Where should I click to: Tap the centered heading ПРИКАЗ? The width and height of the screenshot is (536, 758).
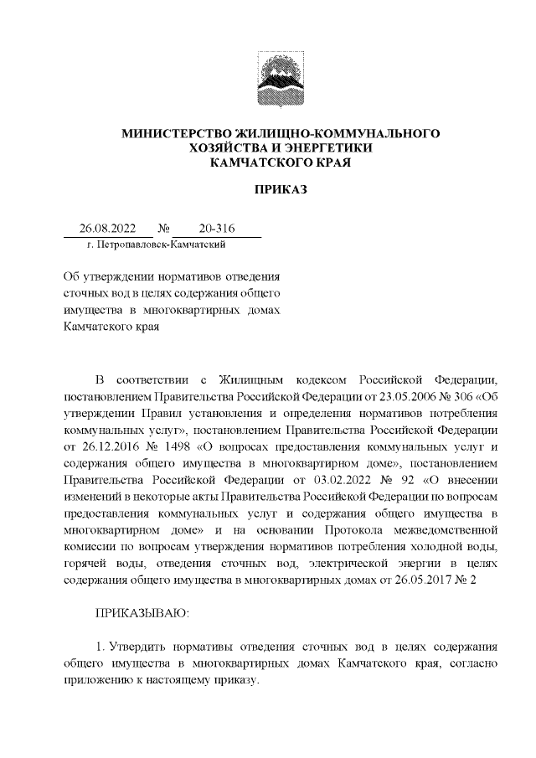(281, 189)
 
